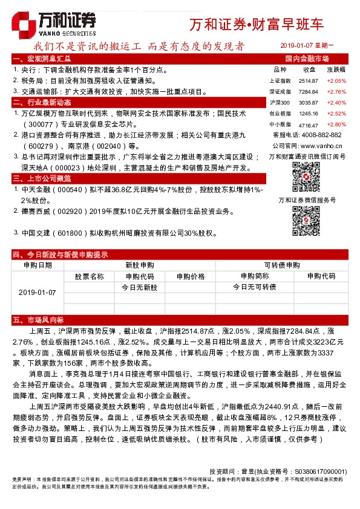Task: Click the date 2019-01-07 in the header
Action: (x=297, y=46)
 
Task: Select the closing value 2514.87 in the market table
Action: (x=309, y=80)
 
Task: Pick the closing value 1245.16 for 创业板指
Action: (x=309, y=113)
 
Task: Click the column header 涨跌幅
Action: (x=336, y=70)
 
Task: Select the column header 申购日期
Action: (x=37, y=265)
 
